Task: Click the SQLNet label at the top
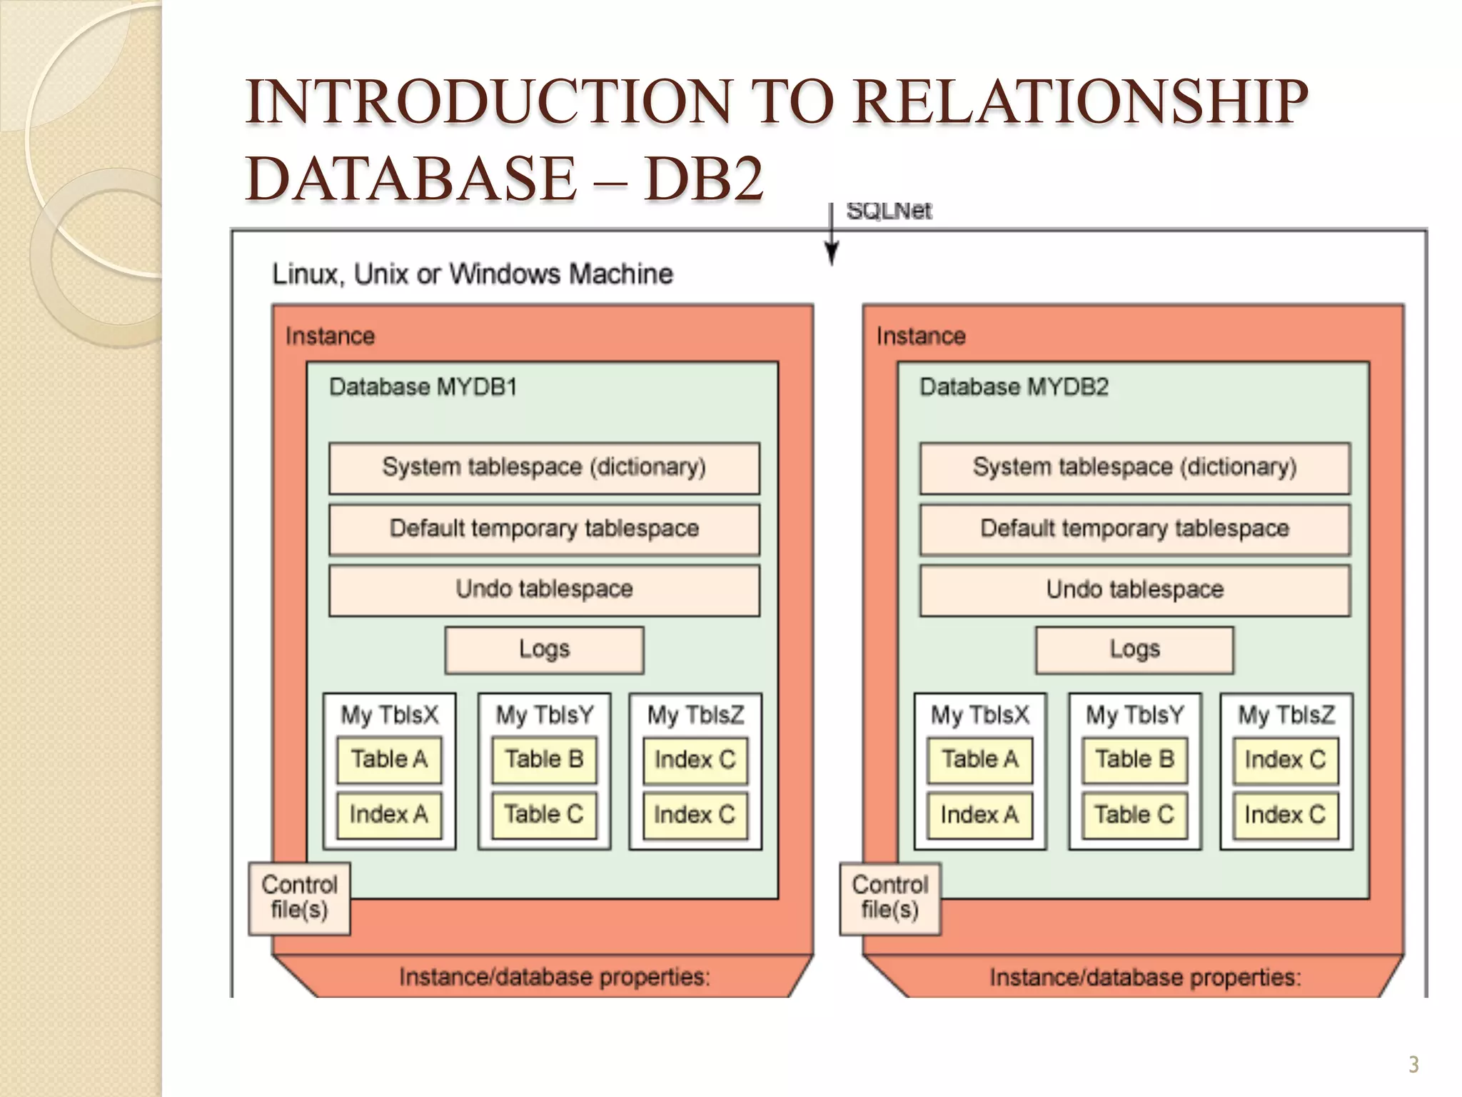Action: tap(888, 211)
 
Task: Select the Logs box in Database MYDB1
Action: tap(544, 650)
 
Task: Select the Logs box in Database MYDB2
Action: tap(1134, 650)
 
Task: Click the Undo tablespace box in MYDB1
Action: tap(544, 590)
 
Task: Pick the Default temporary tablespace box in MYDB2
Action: tap(1134, 529)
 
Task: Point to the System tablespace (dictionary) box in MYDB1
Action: tap(544, 468)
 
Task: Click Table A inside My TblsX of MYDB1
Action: tap(389, 759)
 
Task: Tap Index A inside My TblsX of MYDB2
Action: tap(979, 815)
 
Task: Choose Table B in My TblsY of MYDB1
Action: tap(544, 759)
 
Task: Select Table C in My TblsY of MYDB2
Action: tap(1134, 815)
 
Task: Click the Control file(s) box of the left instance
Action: tap(299, 898)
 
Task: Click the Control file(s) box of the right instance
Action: tap(889, 898)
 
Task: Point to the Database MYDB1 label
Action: tap(423, 387)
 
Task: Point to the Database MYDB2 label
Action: tap(1014, 387)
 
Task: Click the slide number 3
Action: tap(1413, 1065)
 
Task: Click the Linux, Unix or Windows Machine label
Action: tap(473, 274)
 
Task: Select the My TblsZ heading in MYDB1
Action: tap(695, 715)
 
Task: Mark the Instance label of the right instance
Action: tap(921, 336)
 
